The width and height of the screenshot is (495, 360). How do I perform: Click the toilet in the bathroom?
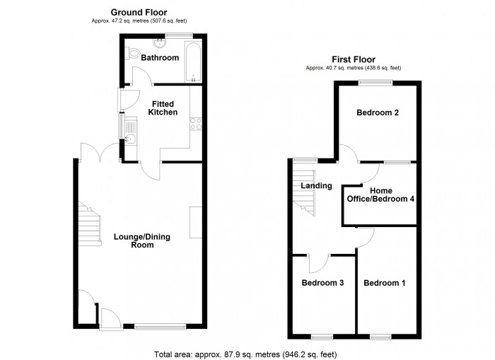[133, 53]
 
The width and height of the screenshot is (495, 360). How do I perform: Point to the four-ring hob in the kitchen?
[194, 126]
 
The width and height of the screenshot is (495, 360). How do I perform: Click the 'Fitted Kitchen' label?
[162, 108]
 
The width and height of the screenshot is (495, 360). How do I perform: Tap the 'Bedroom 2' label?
[378, 112]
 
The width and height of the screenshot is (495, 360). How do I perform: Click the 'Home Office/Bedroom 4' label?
[380, 194]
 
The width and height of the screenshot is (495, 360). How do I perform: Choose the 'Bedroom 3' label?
[322, 283]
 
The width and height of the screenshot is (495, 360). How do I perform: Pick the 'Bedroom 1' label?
[385, 283]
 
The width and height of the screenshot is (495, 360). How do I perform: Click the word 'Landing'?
[316, 186]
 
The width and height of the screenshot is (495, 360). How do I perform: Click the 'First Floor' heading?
[353, 59]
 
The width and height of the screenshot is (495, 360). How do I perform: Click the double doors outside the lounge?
[99, 151]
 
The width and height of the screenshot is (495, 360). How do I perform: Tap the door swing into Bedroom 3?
[317, 263]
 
